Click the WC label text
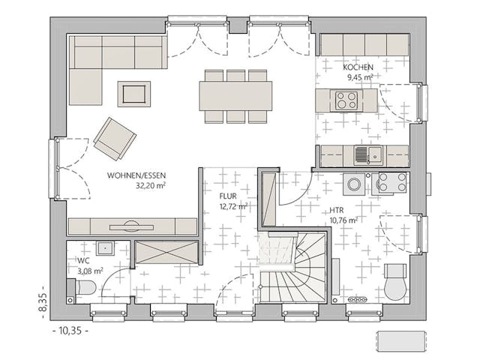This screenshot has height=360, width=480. click(x=83, y=261)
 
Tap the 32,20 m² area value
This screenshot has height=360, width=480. click(x=150, y=184)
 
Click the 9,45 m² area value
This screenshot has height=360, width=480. click(x=360, y=76)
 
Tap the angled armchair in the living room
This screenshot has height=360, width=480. click(x=115, y=138)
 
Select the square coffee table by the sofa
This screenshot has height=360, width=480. click(x=133, y=94)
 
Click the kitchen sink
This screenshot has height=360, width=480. click(x=362, y=155)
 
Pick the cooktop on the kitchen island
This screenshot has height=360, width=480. click(x=346, y=100)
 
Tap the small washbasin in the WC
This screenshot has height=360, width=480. click(x=104, y=247)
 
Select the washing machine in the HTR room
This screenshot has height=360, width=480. click(x=354, y=183)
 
